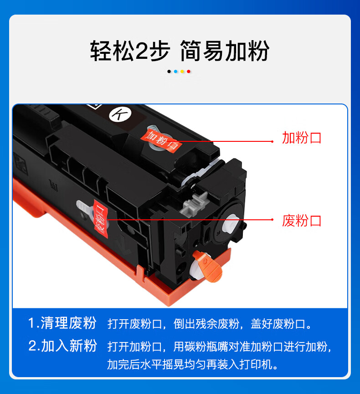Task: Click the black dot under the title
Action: (169, 72)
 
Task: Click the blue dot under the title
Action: (175, 72)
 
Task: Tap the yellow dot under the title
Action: (182, 72)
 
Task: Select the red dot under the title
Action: (189, 72)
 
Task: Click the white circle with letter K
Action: (120, 114)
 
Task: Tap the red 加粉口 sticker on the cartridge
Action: (161, 141)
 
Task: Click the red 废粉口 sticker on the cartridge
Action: (101, 218)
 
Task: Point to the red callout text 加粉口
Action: (302, 138)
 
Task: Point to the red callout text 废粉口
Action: (302, 221)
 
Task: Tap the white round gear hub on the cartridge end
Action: (231, 223)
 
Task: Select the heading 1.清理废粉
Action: (62, 323)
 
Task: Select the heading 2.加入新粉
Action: (62, 346)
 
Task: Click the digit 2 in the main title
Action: (142, 51)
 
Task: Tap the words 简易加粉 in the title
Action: (225, 51)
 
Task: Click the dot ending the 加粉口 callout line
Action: (273, 141)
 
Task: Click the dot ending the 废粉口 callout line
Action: (273, 220)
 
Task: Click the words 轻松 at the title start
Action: (112, 51)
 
